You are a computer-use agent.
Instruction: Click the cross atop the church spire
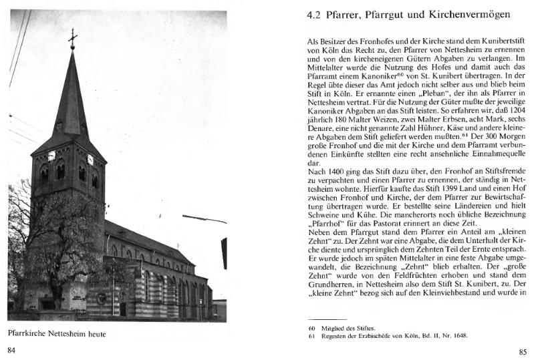click(72, 38)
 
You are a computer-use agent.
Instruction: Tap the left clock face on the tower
click(51, 156)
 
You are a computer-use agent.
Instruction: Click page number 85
click(522, 352)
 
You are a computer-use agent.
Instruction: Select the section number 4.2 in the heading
click(313, 14)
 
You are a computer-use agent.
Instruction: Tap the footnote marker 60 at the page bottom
click(311, 327)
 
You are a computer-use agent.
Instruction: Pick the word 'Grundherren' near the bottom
click(331, 281)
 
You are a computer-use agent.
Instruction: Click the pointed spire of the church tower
click(71, 94)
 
